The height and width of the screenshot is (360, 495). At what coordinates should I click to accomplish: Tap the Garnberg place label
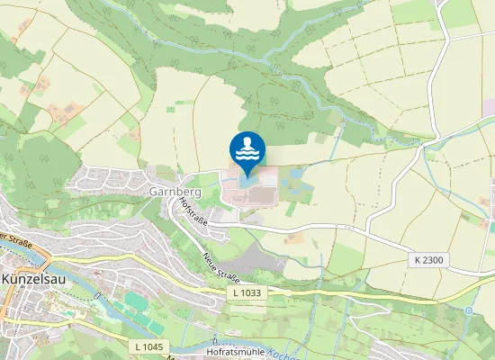click(x=167, y=192)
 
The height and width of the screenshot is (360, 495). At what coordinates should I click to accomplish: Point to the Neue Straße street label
click(x=221, y=268)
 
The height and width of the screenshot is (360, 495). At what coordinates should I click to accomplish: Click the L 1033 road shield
click(x=247, y=292)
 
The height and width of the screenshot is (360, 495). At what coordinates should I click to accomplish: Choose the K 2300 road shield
click(x=430, y=260)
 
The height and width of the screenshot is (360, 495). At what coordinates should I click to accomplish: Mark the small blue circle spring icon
click(x=469, y=310)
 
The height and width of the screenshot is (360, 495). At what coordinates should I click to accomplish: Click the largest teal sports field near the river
click(x=135, y=302)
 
